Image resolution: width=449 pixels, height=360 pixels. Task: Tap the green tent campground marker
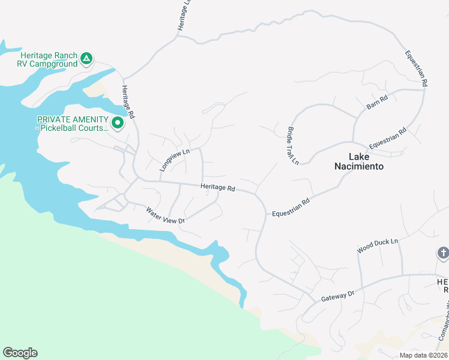pyautogui.click(x=86, y=59)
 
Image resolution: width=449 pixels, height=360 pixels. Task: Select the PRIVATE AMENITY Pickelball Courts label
pyautogui.click(x=73, y=123)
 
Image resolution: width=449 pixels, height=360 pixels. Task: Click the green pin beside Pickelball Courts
pyautogui.click(x=118, y=124)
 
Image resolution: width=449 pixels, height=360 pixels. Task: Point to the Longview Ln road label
pyautogui.click(x=174, y=160)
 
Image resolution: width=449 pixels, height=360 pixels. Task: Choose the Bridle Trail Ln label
pyautogui.click(x=292, y=145)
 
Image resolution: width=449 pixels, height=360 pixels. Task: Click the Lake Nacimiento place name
pyautogui.click(x=358, y=161)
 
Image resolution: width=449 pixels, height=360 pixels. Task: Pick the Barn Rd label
pyautogui.click(x=378, y=103)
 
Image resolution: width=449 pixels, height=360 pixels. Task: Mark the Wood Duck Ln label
pyautogui.click(x=378, y=244)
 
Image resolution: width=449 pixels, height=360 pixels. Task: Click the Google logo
pyautogui.click(x=20, y=353)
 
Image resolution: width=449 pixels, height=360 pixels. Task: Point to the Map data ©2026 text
pyautogui.click(x=423, y=355)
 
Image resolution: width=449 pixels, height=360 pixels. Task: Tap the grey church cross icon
pyautogui.click(x=444, y=253)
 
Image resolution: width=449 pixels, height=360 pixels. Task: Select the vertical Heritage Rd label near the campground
pyautogui.click(x=127, y=101)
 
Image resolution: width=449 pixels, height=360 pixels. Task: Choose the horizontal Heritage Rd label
pyautogui.click(x=217, y=187)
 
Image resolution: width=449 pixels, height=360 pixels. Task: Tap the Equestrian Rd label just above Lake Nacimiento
pyautogui.click(x=388, y=139)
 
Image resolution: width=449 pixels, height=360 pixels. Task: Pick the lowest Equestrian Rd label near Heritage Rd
pyautogui.click(x=291, y=208)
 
